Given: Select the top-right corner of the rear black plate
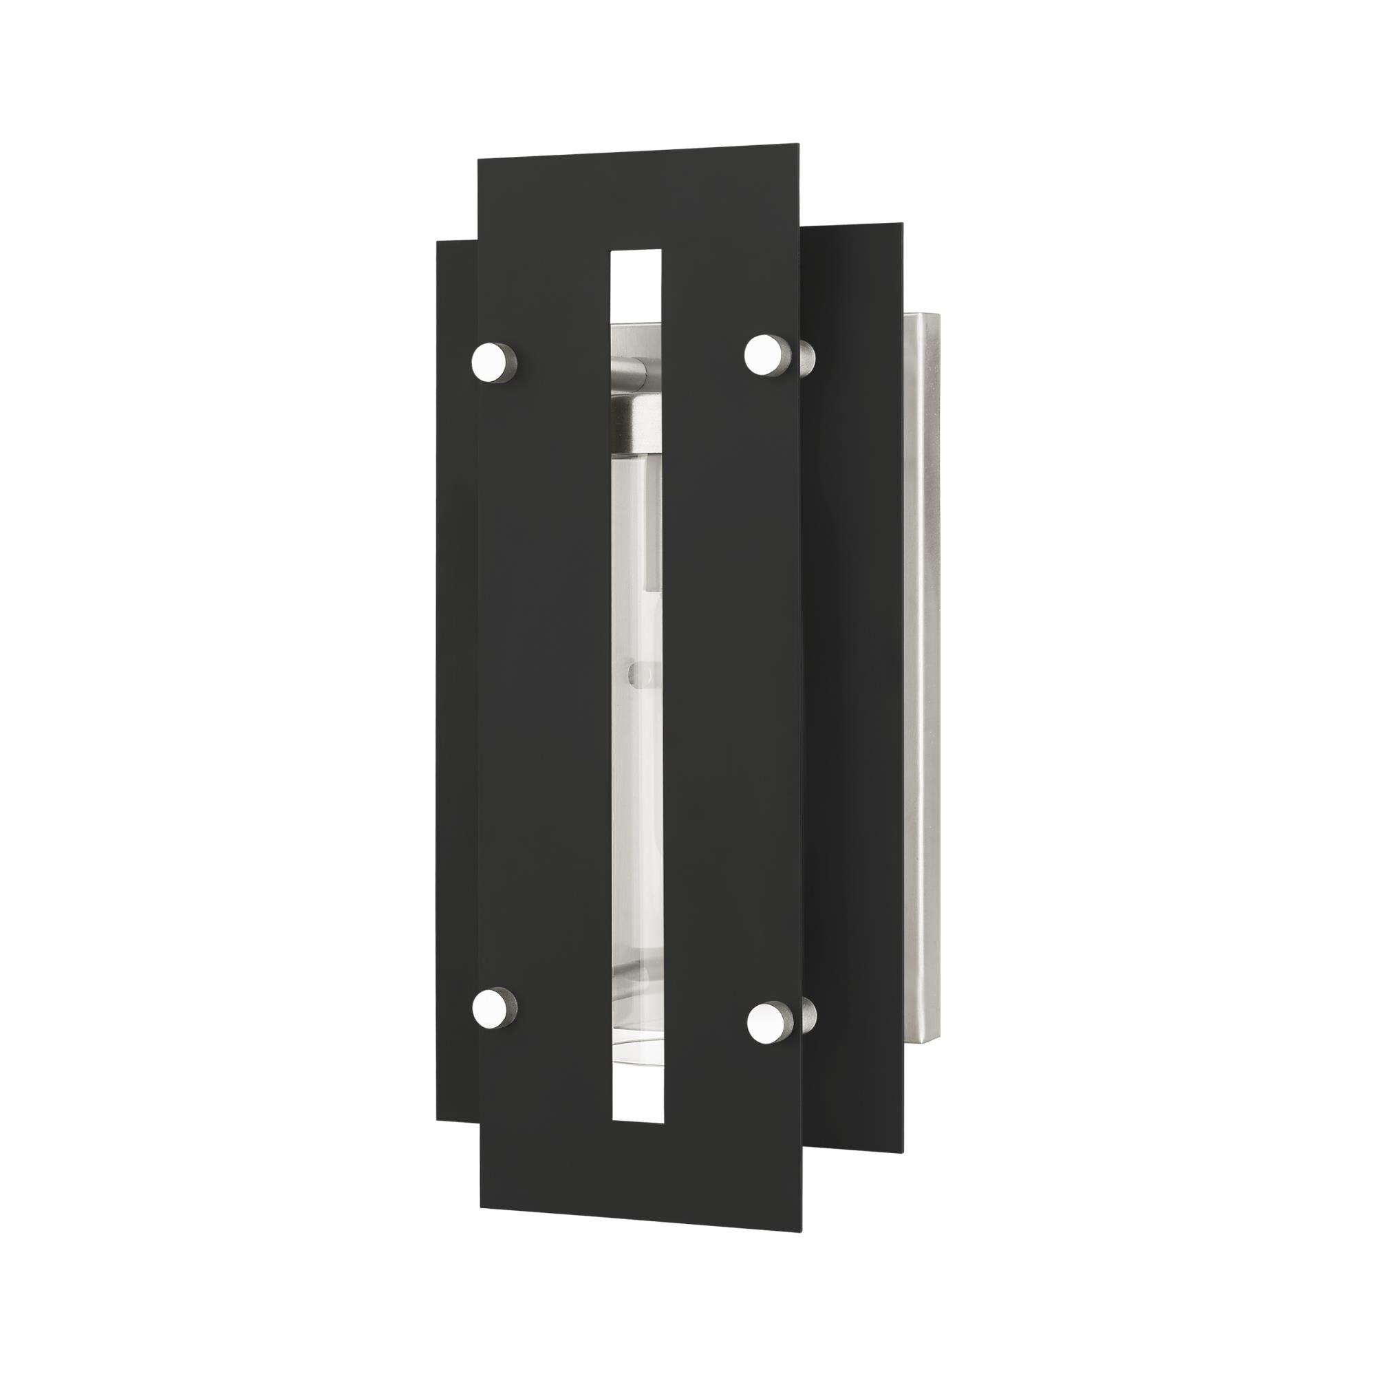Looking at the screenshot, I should [903, 224].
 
